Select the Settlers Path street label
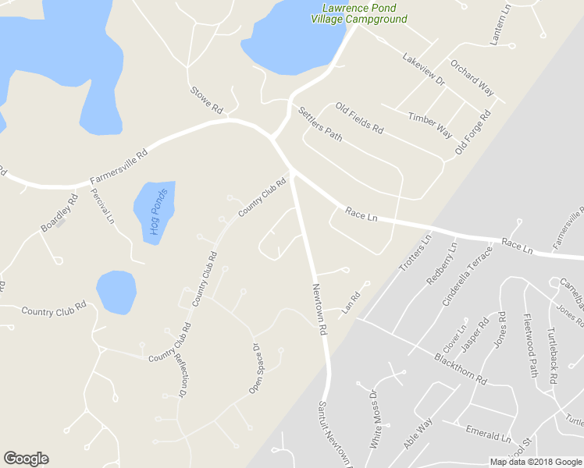click(x=320, y=123)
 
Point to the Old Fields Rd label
click(x=359, y=118)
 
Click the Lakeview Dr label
click(x=423, y=69)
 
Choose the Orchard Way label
click(x=472, y=78)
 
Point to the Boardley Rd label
click(x=60, y=212)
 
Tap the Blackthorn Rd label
click(x=461, y=368)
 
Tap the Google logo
click(x=26, y=459)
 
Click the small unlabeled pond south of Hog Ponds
click(x=116, y=291)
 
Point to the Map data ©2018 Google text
click(x=536, y=461)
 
